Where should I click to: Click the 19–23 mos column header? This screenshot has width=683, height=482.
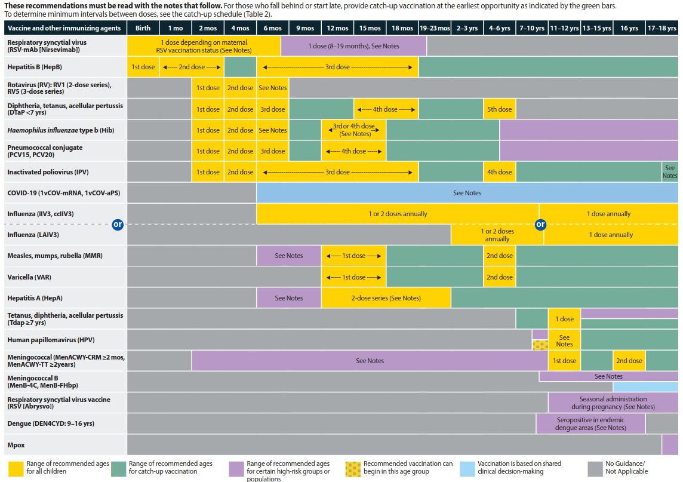pyautogui.click(x=435, y=28)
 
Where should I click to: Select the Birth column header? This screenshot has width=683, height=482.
pyautogui.click(x=143, y=28)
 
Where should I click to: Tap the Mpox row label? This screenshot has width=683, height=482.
pyautogui.click(x=16, y=445)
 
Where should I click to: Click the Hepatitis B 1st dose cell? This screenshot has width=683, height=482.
pyautogui.click(x=143, y=67)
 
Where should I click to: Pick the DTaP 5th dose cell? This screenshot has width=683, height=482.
pyautogui.click(x=499, y=109)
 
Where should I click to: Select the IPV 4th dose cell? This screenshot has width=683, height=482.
pyautogui.click(x=499, y=172)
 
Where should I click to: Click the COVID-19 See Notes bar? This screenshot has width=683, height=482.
pyautogui.click(x=467, y=193)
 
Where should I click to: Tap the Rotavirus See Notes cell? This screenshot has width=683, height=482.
pyautogui.click(x=273, y=88)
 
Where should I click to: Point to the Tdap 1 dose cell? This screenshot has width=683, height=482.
pyautogui.click(x=564, y=319)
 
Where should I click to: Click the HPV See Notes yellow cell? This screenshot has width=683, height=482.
pyautogui.click(x=564, y=340)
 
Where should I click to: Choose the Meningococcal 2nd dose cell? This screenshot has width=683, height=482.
pyautogui.click(x=629, y=361)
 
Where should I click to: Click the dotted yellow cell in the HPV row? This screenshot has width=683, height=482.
pyautogui.click(x=540, y=346)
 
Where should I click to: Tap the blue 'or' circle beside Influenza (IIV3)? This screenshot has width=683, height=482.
pyautogui.click(x=118, y=225)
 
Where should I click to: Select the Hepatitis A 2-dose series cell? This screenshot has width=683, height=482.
pyautogui.click(x=386, y=298)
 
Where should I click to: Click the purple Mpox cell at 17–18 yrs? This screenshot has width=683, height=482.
pyautogui.click(x=670, y=445)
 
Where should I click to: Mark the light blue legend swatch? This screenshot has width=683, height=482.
pyautogui.click(x=467, y=469)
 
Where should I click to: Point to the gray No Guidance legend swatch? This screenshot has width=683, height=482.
pyautogui.click(x=595, y=469)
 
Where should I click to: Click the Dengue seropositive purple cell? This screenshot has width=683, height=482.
pyautogui.click(x=590, y=423)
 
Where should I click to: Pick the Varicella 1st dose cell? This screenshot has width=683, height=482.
pyautogui.click(x=353, y=277)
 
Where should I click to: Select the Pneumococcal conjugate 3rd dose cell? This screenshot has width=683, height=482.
pyautogui.click(x=273, y=151)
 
